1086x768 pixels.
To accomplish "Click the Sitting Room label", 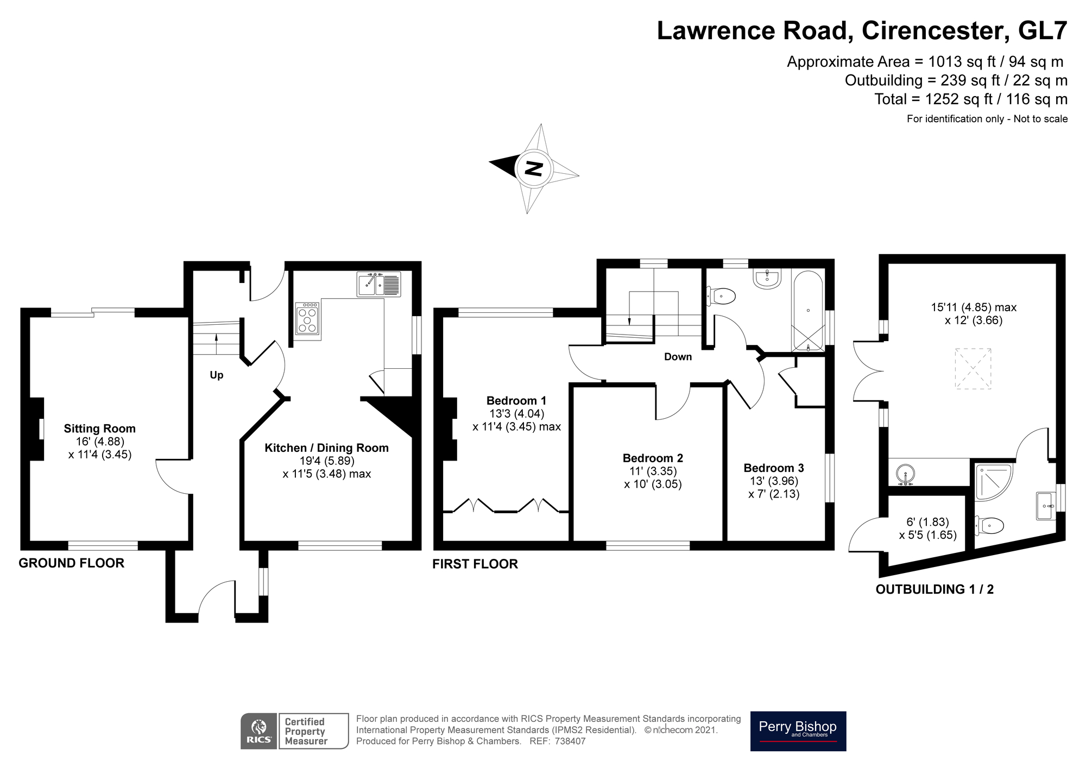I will click(x=99, y=429).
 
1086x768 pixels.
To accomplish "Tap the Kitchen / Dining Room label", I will click(x=326, y=448).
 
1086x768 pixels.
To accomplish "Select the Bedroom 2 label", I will click(x=653, y=458).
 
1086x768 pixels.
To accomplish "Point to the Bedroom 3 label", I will click(x=774, y=468).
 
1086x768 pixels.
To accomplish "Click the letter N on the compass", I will click(x=534, y=169).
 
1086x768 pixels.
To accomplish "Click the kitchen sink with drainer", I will click(x=378, y=284).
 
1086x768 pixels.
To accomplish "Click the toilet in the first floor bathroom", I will click(x=722, y=297).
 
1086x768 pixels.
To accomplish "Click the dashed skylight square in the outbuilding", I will click(x=973, y=368).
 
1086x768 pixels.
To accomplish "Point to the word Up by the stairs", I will click(x=217, y=375).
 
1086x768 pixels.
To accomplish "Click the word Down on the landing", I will click(x=678, y=357).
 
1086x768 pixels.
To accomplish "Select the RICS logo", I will click(x=259, y=731).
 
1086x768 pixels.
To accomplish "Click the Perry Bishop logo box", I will click(x=798, y=731).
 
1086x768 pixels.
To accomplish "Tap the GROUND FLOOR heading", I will click(x=72, y=563).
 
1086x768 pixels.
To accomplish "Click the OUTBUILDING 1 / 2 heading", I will click(x=935, y=589).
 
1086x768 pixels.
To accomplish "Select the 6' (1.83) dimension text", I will click(x=927, y=522).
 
